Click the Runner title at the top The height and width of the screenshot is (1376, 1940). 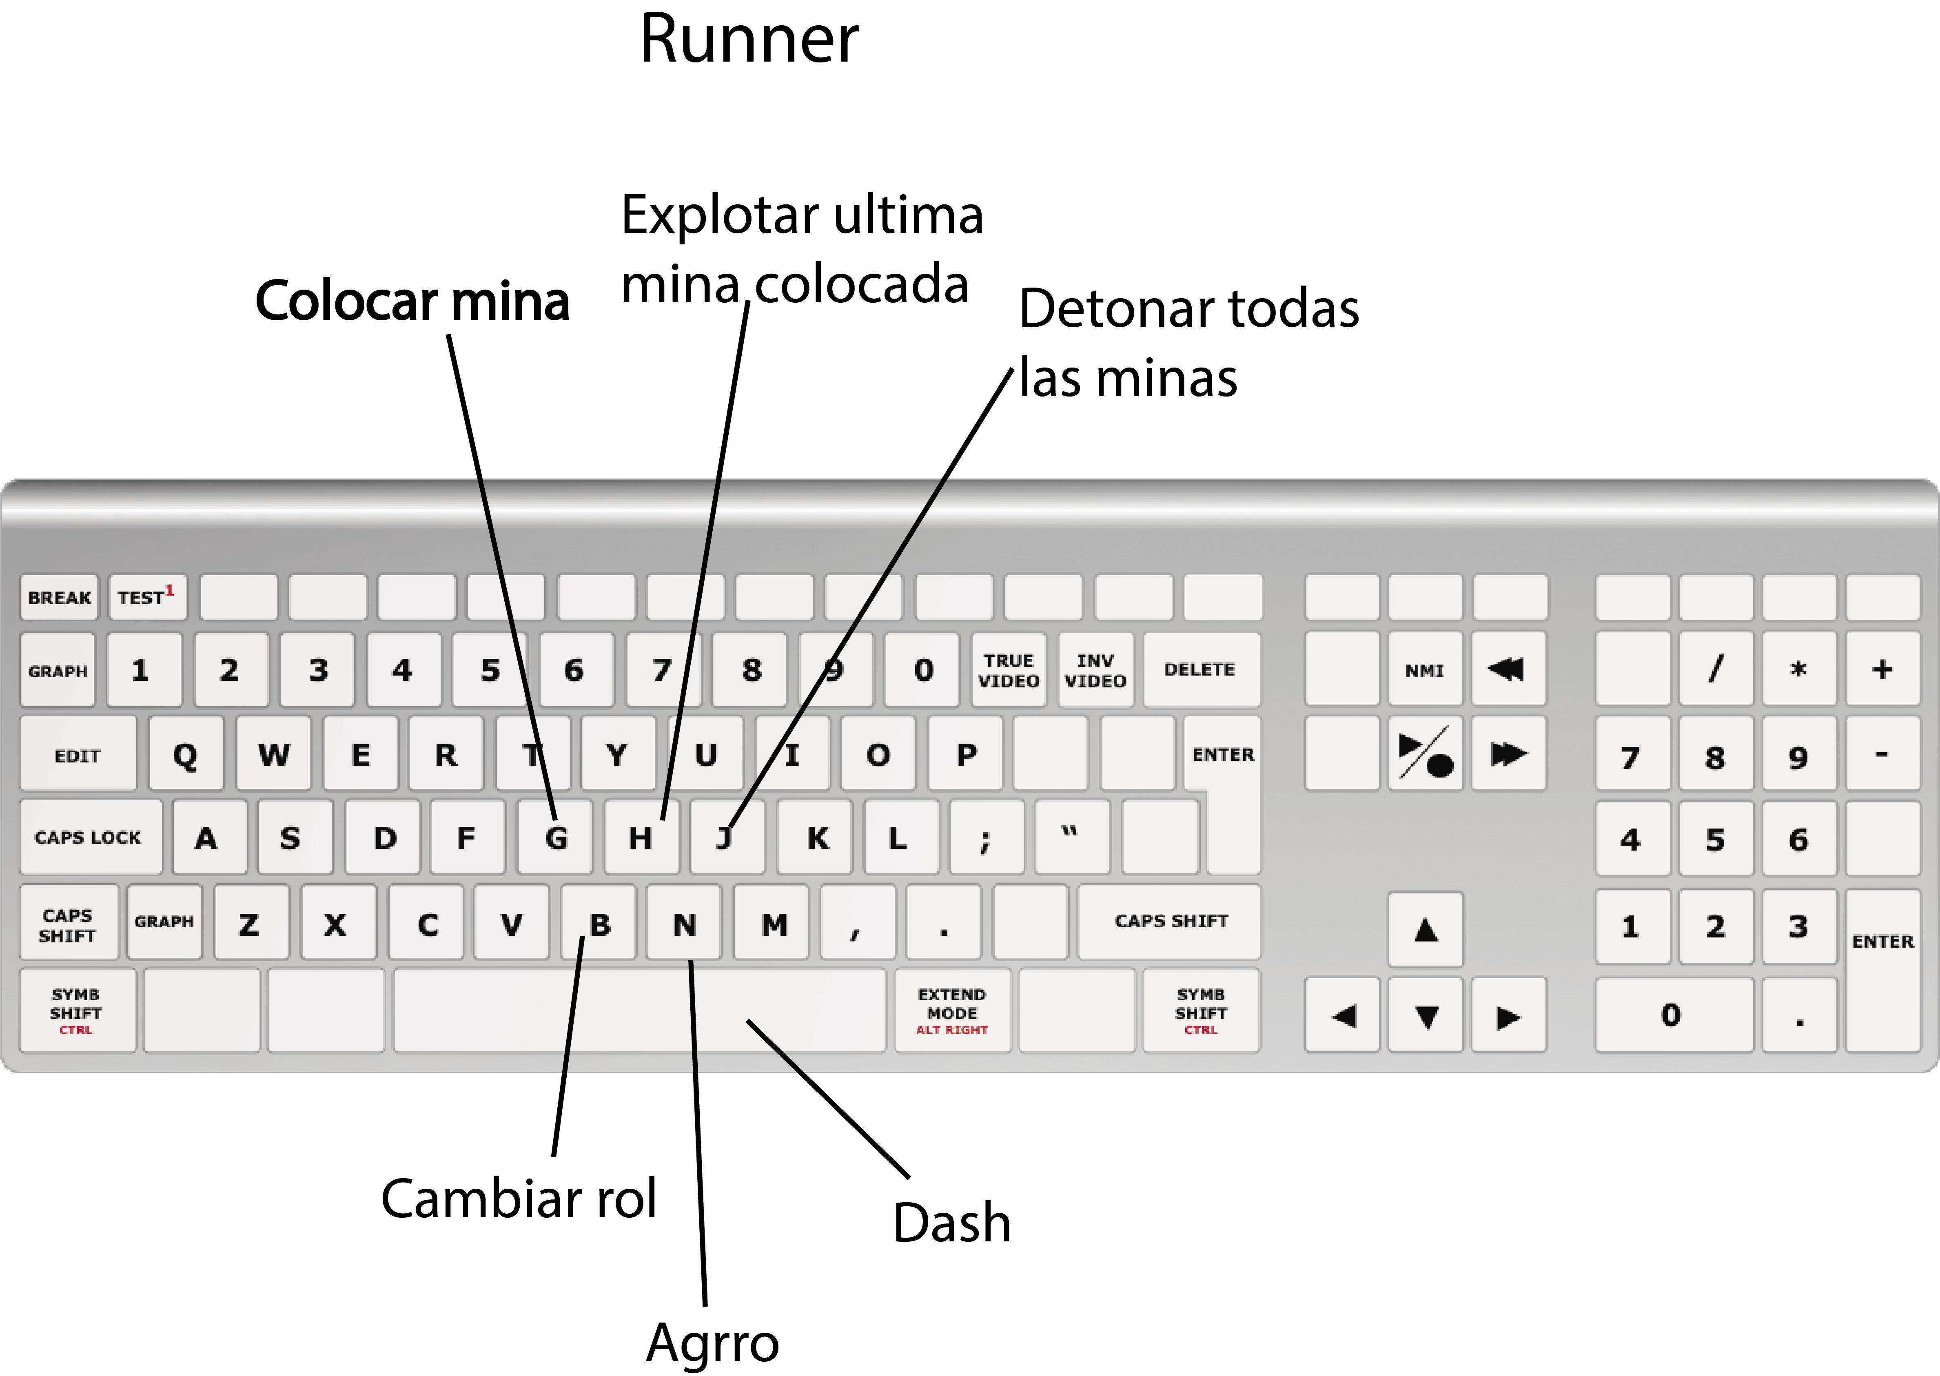[x=749, y=40]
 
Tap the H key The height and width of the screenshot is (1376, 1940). [x=641, y=837]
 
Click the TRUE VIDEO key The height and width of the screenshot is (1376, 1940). [x=1008, y=670]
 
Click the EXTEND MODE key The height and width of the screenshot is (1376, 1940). [x=952, y=1011]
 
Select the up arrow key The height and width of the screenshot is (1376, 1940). [x=1426, y=929]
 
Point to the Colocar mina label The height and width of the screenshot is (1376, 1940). [x=412, y=301]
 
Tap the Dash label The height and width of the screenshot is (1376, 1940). [x=951, y=1223]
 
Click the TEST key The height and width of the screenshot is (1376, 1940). [x=146, y=597]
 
